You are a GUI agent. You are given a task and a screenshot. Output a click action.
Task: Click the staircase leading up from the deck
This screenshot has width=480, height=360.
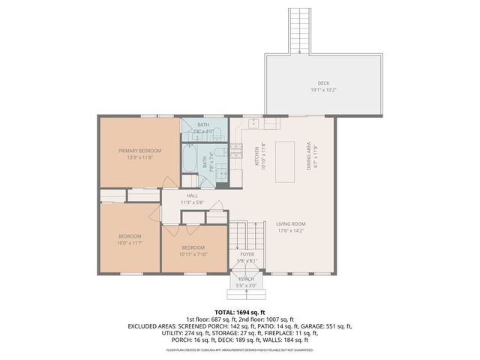299,30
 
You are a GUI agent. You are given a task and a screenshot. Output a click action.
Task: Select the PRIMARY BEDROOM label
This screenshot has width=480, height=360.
139,151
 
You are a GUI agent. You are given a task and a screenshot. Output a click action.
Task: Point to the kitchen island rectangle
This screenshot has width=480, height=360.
286,160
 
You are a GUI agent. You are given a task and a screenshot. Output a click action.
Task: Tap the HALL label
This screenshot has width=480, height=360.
193,195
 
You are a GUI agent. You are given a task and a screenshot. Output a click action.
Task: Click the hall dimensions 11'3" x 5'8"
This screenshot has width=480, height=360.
193,202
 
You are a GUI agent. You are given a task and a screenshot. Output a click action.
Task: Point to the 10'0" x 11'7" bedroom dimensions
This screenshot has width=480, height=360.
130,243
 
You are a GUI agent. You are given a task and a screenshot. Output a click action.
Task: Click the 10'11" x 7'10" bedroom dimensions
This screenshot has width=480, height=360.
193,253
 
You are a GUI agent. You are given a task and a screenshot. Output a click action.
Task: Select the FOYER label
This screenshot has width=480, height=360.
247,254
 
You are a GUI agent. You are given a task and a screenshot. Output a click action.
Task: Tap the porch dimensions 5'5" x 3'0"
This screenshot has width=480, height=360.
247,286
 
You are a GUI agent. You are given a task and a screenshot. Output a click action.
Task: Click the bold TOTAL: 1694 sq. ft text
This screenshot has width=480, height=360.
240,312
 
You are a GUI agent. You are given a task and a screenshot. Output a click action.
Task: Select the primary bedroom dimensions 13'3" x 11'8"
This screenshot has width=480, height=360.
139,157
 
